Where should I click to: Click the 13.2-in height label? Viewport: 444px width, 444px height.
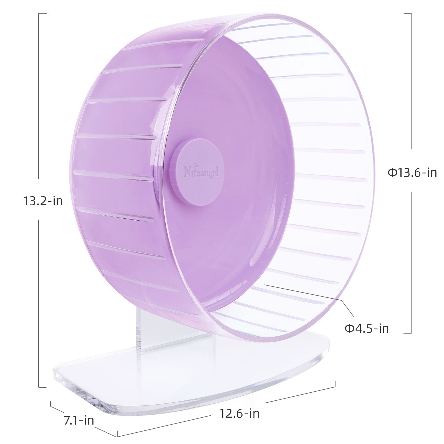[43, 201]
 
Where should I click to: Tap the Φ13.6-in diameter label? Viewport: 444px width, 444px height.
[412, 173]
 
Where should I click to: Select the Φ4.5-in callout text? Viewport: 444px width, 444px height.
[366, 329]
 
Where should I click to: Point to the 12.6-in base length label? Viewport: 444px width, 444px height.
[239, 413]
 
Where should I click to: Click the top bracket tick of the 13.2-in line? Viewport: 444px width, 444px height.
[42, 13]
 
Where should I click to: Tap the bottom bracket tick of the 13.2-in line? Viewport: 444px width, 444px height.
[42, 387]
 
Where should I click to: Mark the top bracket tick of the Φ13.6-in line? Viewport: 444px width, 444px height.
[407, 13]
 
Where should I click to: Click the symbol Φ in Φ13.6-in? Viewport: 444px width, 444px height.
[392, 173]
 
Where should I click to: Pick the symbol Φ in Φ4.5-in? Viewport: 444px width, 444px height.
[349, 329]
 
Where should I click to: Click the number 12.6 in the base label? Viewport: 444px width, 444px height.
[231, 413]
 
